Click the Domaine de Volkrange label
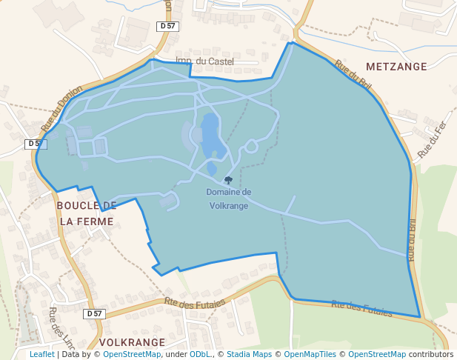point(229,199)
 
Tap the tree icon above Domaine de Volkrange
point(228,180)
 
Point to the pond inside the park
point(210,136)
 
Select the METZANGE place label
point(396,67)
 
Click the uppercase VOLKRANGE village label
point(132,342)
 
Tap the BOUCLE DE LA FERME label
point(87,213)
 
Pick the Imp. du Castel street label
point(205,61)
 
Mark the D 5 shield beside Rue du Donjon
point(35,144)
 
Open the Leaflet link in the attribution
point(41,355)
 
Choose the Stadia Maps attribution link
point(249,355)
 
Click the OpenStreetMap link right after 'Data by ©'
point(132,355)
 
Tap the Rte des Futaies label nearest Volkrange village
point(195,302)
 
